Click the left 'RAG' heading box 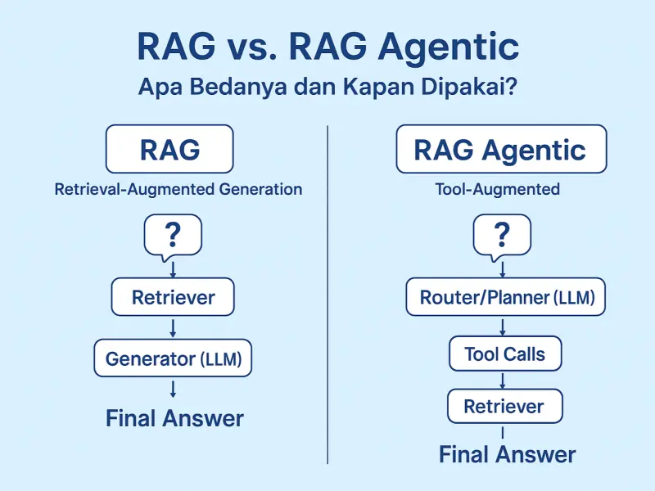169,149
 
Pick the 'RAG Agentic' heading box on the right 501,149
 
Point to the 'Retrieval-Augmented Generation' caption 178,190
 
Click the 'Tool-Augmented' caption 498,190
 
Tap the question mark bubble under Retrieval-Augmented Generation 173,236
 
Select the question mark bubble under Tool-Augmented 502,236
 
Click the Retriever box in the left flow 173,297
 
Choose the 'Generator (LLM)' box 173,358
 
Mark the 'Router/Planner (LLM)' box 506,297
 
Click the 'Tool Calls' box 504,354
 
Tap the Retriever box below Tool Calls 504,406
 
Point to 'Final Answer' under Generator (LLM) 174,418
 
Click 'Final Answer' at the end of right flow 507,454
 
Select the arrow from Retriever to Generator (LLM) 173,327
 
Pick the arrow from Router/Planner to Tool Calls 503,327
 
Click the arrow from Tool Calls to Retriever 503,381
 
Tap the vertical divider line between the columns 327,295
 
